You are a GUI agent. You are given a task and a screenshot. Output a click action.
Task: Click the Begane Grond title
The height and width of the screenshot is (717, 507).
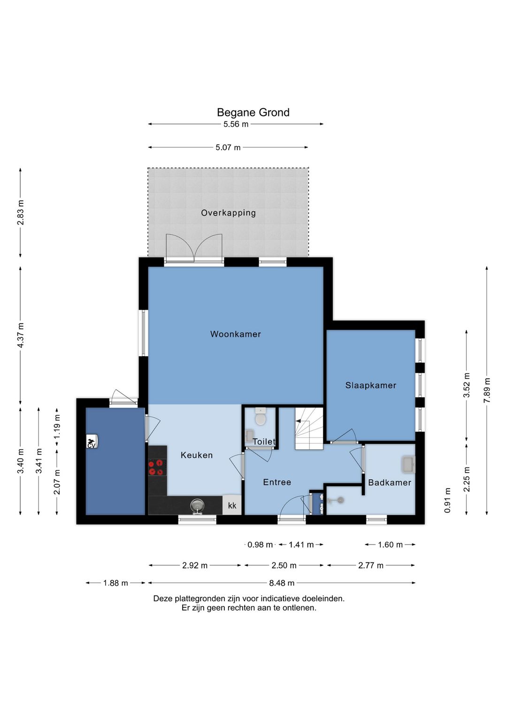point(253,112)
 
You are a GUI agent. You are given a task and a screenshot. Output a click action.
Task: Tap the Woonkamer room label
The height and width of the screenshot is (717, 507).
point(236,334)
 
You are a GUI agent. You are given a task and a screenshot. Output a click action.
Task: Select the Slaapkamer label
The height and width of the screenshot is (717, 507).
point(371,385)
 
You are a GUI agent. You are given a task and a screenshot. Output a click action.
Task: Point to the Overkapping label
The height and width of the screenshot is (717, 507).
point(229,213)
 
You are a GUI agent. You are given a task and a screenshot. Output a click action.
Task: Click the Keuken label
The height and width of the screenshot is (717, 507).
point(196,455)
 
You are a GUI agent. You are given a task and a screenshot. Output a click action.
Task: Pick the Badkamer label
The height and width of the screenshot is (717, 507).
point(390,483)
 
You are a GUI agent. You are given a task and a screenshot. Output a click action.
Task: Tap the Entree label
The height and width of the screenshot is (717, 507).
point(277,482)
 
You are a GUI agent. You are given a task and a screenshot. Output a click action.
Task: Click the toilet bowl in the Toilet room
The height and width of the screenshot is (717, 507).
point(261,416)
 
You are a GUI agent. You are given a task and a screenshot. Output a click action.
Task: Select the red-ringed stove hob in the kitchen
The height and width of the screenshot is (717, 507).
point(157,468)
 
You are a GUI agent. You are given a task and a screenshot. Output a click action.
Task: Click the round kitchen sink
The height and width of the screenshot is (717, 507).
point(197,506)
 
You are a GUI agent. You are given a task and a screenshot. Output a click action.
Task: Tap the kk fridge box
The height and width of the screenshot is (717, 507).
point(232,505)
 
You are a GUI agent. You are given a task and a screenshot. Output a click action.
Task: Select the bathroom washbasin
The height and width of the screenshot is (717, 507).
point(408,464)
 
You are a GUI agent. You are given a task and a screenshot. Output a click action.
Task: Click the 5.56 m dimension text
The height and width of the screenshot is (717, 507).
point(236,124)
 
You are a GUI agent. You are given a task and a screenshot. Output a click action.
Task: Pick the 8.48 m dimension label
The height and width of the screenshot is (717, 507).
point(282,583)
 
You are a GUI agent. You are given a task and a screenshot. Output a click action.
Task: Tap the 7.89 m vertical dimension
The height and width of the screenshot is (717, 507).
point(486,390)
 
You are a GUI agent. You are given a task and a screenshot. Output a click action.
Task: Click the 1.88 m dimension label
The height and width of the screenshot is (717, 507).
point(115,583)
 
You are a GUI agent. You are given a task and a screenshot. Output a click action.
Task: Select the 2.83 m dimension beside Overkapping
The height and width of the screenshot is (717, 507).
point(21,212)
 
